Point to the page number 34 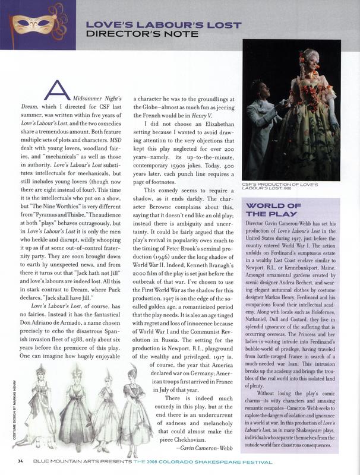coord(20,461)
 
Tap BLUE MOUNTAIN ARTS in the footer coord(63,461)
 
